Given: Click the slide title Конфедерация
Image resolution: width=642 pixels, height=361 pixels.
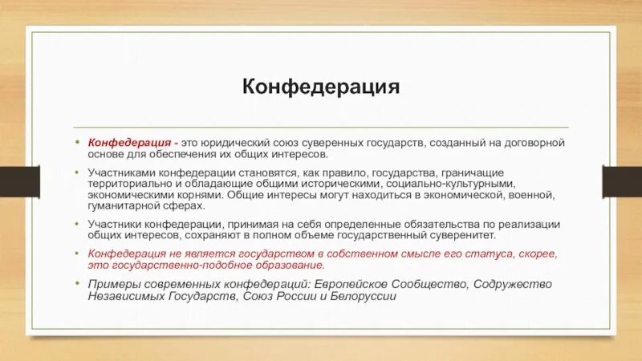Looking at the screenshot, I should click(x=321, y=86).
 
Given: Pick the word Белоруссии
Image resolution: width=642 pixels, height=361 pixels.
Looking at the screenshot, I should click(x=368, y=295).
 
